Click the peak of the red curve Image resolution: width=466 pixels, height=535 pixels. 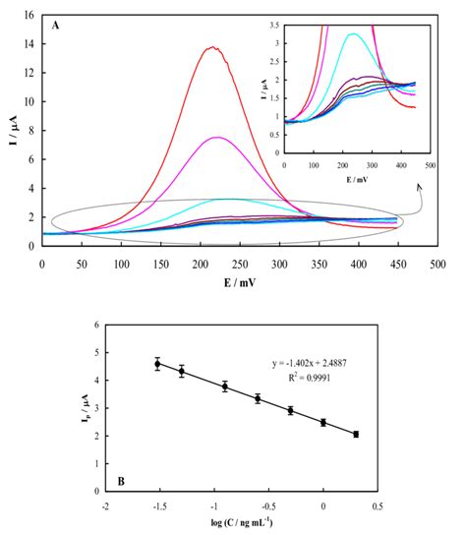(x=212, y=47)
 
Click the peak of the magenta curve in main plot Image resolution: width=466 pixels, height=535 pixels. (x=217, y=138)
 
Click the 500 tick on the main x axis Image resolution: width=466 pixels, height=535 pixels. (x=437, y=266)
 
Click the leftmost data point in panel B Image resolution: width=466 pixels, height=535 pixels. (x=157, y=364)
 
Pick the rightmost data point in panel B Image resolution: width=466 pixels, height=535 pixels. (x=356, y=434)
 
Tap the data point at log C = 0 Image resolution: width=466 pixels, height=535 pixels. (x=323, y=423)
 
